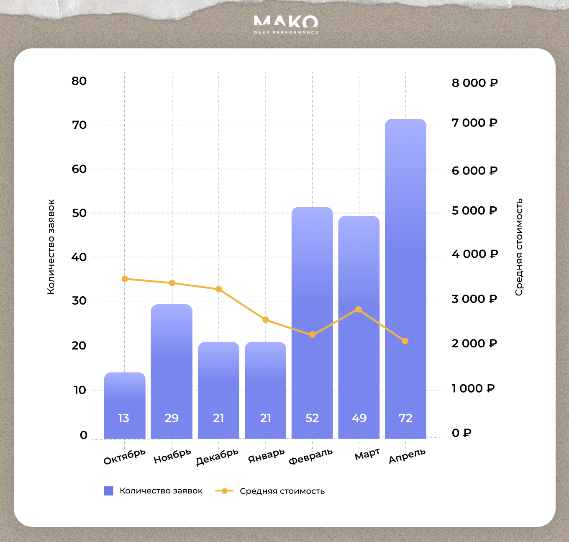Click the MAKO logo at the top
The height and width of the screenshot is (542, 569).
click(286, 24)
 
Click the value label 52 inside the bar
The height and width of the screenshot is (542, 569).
click(312, 418)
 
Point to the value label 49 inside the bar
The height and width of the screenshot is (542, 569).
click(359, 418)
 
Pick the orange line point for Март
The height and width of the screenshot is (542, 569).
click(358, 310)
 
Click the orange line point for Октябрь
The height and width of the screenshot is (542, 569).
click(125, 279)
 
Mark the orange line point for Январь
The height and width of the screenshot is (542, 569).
click(266, 320)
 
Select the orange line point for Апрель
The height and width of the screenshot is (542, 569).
click(405, 341)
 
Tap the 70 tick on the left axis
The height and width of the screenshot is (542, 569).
click(79, 125)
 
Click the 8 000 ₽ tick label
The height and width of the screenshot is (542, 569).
click(474, 83)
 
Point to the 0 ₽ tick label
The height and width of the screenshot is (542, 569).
click(461, 433)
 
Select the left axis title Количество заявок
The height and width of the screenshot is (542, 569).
click(51, 247)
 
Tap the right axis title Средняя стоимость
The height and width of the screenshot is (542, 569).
click(519, 247)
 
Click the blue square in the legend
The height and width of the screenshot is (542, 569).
click(109, 491)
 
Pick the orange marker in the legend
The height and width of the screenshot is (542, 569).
click(225, 491)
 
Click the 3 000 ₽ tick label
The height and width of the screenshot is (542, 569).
click(474, 299)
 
